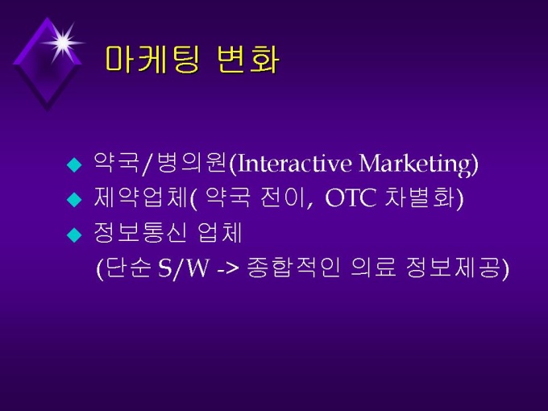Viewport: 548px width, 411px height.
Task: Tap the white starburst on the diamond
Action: point(63,43)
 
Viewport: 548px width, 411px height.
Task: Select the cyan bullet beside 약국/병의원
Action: point(74,164)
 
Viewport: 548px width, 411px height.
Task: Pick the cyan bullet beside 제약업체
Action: point(74,200)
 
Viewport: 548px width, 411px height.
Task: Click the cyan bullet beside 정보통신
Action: point(74,235)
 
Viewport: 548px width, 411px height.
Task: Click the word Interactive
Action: point(294,164)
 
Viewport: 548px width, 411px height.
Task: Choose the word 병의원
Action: point(191,163)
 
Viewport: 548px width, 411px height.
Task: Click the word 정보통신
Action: point(139,232)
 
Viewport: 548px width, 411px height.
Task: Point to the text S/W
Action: point(184,268)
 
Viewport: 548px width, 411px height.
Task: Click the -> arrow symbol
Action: point(228,269)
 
